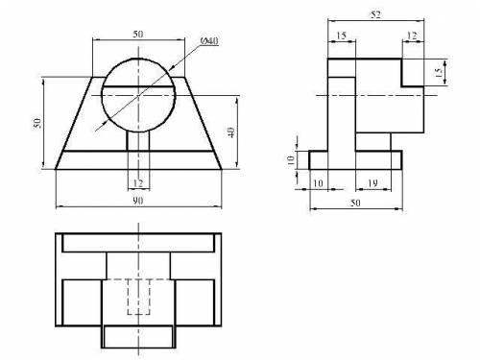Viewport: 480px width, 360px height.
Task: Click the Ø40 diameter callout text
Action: click(x=209, y=41)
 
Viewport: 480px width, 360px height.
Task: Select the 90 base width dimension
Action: click(x=138, y=201)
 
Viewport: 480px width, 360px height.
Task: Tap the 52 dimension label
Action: click(x=375, y=14)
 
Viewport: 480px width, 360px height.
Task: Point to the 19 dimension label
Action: click(x=372, y=183)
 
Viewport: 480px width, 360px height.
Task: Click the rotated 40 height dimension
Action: click(x=231, y=132)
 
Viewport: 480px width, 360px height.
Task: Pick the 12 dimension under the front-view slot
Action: click(x=138, y=183)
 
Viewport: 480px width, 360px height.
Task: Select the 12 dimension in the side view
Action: click(x=412, y=36)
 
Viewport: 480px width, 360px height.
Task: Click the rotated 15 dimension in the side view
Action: click(x=439, y=72)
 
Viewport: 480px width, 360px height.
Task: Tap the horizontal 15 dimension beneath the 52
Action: click(x=342, y=36)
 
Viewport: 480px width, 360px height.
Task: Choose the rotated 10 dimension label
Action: click(x=291, y=160)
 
